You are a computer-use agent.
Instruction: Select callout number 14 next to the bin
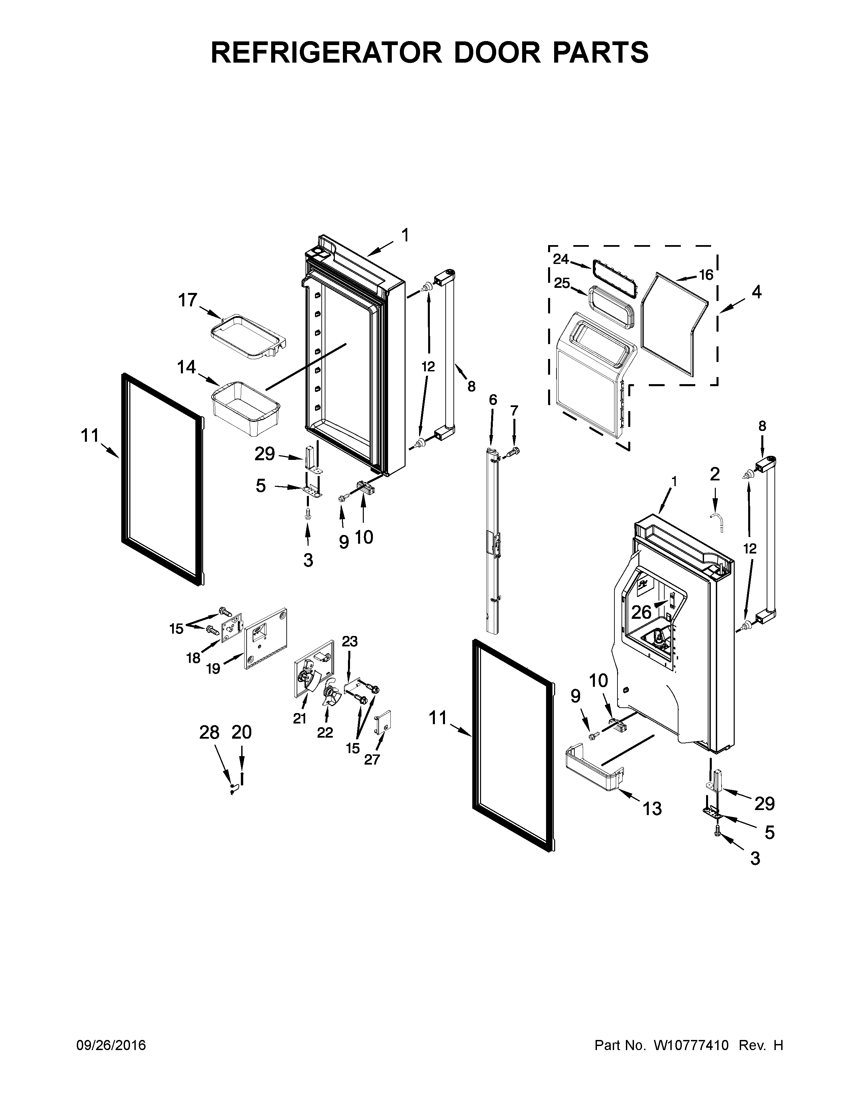(186, 367)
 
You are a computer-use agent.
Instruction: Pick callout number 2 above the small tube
(714, 474)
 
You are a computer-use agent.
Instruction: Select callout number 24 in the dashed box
(561, 259)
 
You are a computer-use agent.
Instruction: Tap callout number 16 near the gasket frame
(706, 275)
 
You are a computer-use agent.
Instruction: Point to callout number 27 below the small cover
(372, 760)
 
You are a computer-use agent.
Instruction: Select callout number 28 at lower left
(209, 733)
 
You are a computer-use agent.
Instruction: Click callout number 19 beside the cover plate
(213, 668)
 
